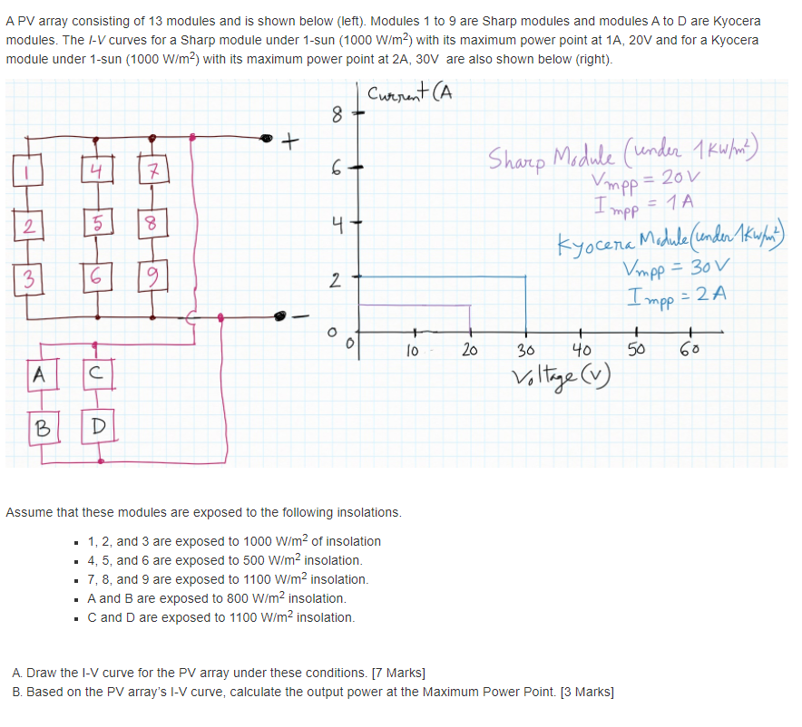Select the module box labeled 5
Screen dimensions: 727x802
[92, 223]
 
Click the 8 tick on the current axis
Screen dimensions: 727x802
[337, 115]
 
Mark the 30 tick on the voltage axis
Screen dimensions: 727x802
[524, 350]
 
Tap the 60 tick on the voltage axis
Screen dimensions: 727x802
[690, 350]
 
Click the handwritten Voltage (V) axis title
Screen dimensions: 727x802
[548, 378]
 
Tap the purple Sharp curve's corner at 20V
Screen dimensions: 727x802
[469, 305]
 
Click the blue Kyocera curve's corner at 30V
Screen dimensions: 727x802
[524, 276]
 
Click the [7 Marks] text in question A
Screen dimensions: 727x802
[394, 673]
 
